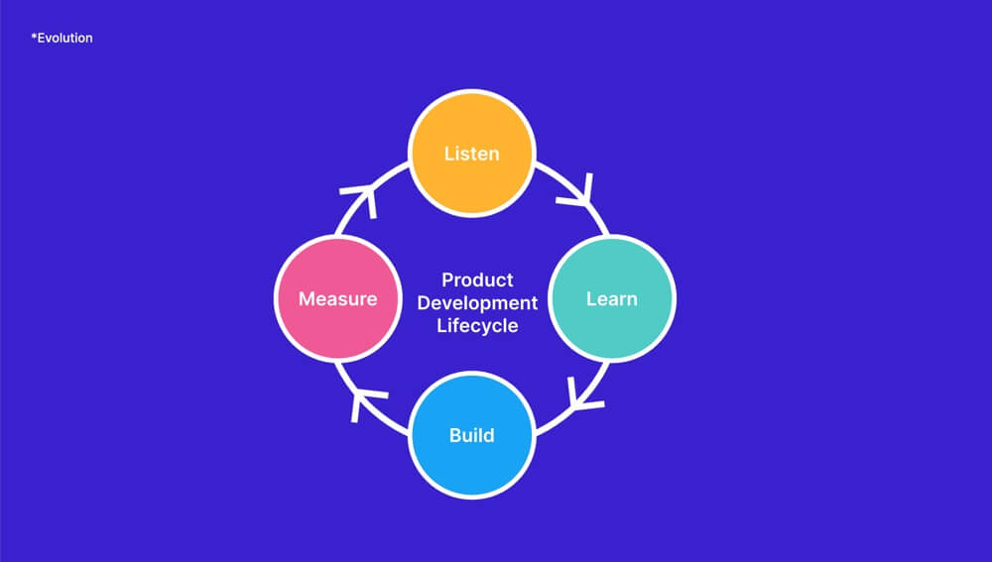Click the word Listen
(x=472, y=154)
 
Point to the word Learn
(x=612, y=298)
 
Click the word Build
(x=472, y=435)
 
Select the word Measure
(x=338, y=298)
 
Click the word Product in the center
(x=477, y=281)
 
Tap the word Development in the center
(x=477, y=303)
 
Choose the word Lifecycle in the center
(x=477, y=325)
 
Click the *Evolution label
(x=62, y=38)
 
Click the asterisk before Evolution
(x=34, y=37)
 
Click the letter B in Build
(x=455, y=435)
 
